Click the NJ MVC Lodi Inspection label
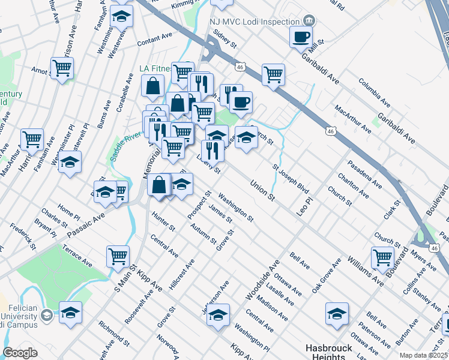point(255,22)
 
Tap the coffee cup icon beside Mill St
point(300,37)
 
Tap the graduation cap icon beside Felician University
point(70,313)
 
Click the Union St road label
point(262,190)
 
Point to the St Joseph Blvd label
point(291,178)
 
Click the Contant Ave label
point(155,40)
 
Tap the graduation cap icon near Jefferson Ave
point(218,314)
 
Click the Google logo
point(20,353)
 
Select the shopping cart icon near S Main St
point(118,256)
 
